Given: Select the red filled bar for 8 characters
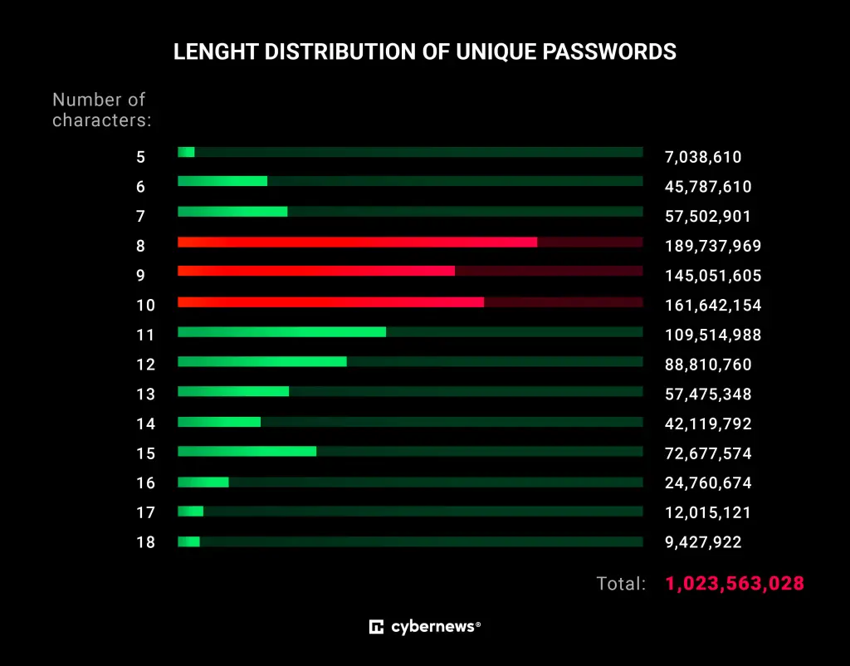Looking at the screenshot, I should pyautogui.click(x=357, y=242).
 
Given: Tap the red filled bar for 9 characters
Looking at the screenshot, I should pyautogui.click(x=316, y=272).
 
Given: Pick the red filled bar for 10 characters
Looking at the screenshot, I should pyautogui.click(x=330, y=301).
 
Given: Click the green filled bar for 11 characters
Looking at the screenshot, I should pyautogui.click(x=281, y=331).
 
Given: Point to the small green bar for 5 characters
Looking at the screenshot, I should pyautogui.click(x=186, y=152).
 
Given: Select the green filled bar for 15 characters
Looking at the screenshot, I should pyautogui.click(x=247, y=451).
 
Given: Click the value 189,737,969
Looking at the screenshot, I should pyautogui.click(x=713, y=246).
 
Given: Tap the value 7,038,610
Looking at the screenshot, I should pyautogui.click(x=703, y=156).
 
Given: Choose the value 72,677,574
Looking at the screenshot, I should pyautogui.click(x=708, y=453).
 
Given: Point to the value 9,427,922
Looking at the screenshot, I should pyautogui.click(x=703, y=542).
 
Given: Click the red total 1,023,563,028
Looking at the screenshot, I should pyautogui.click(x=735, y=583).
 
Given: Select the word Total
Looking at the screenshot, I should pyautogui.click(x=620, y=584).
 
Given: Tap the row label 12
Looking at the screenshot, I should pyautogui.click(x=145, y=365).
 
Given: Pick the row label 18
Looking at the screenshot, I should pyautogui.click(x=145, y=543).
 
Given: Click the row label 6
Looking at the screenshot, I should pyautogui.click(x=140, y=187).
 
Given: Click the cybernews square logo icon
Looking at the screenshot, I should pyautogui.click(x=376, y=627).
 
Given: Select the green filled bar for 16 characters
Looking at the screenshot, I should pyautogui.click(x=203, y=481).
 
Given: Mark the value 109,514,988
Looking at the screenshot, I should pyautogui.click(x=713, y=335).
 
